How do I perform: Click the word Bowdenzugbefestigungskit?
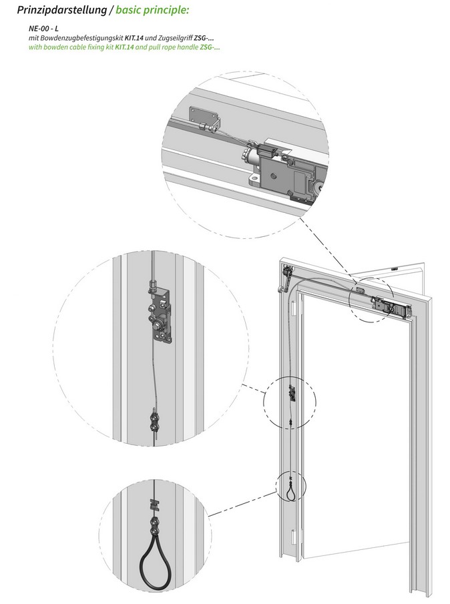tap(85, 40)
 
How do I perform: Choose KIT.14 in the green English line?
tap(128, 49)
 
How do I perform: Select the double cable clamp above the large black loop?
tap(154, 522)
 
